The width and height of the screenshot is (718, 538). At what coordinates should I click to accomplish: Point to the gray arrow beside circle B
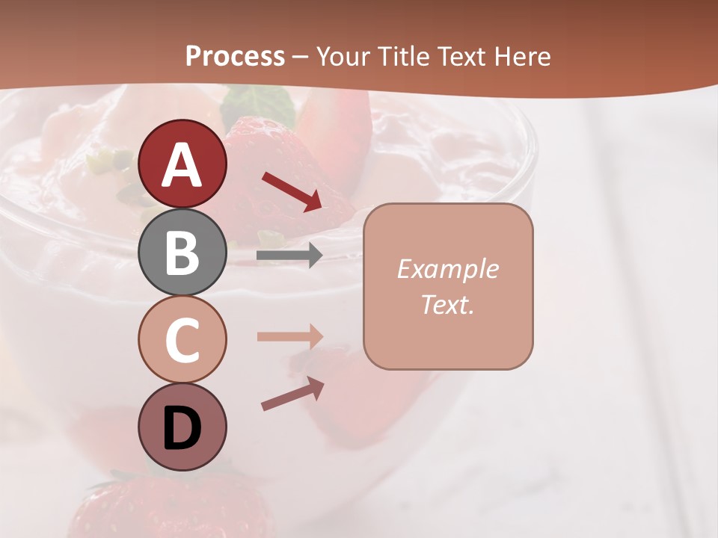[289, 256]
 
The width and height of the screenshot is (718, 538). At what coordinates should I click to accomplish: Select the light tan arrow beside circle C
[289, 336]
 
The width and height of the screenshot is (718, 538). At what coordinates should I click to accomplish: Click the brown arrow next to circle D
[292, 394]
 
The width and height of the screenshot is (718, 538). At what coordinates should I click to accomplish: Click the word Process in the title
[235, 56]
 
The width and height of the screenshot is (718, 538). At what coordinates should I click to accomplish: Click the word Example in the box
[447, 269]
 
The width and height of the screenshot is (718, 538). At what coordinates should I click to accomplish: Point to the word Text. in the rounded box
[447, 304]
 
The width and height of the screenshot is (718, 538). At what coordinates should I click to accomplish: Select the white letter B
[182, 253]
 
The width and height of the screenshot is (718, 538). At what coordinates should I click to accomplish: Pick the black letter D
[182, 428]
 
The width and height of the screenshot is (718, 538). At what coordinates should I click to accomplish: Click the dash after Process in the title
[300, 57]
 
